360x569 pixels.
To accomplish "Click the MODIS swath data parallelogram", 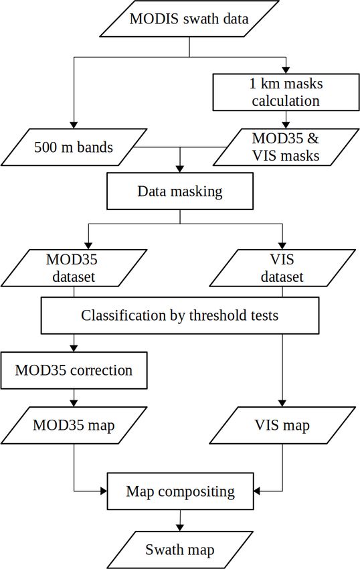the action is click(x=189, y=19).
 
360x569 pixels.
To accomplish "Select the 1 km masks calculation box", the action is click(x=286, y=92).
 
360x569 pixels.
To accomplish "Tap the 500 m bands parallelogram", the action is click(x=74, y=147).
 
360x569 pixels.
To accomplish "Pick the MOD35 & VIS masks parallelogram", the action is click(x=286, y=147).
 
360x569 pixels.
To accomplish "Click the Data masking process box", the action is click(x=180, y=191).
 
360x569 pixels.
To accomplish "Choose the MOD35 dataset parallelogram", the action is click(x=74, y=268).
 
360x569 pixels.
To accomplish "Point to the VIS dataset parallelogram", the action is click(x=282, y=268).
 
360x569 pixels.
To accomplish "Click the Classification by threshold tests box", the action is click(x=180, y=315).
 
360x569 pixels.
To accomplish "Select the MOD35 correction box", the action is click(x=74, y=370).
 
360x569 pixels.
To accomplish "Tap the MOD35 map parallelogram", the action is click(x=74, y=425).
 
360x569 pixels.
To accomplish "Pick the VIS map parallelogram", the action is click(x=282, y=425).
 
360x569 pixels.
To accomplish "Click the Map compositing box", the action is click(x=180, y=491).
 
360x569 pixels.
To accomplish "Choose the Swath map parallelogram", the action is click(x=180, y=550).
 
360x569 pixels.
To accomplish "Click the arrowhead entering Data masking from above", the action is click(x=180, y=169).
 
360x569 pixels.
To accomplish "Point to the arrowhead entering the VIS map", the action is click(x=282, y=403).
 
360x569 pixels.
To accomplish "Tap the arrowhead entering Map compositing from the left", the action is click(x=104, y=491).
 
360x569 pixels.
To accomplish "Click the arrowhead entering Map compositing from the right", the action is click(x=257, y=491).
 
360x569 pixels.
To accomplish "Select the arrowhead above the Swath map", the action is click(x=180, y=527).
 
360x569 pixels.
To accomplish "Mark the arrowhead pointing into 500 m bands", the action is click(x=74, y=125).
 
